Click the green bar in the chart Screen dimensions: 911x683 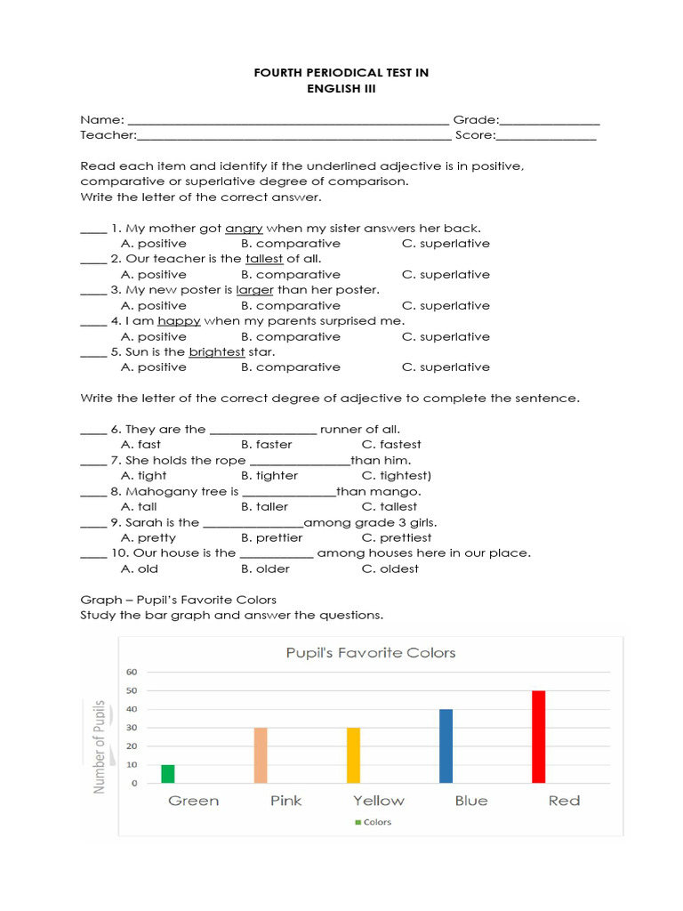168,773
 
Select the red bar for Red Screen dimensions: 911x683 538,737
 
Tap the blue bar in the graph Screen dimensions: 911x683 446,746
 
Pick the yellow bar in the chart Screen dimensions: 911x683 353,754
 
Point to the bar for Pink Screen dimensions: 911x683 261,754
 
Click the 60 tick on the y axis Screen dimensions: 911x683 131,672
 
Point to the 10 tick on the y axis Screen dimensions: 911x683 131,765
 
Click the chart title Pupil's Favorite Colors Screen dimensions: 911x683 370,653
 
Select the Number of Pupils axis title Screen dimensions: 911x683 100,746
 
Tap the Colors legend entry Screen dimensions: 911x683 374,822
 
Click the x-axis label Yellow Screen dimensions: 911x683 378,801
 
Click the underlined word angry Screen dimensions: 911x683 244,228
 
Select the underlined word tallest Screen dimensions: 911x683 264,259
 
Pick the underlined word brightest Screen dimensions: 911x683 217,352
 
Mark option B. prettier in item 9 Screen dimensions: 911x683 271,538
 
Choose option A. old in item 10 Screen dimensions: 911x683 139,569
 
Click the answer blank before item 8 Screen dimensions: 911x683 93,492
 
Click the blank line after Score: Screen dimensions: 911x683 546,136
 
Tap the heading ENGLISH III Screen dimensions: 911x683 341,88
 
